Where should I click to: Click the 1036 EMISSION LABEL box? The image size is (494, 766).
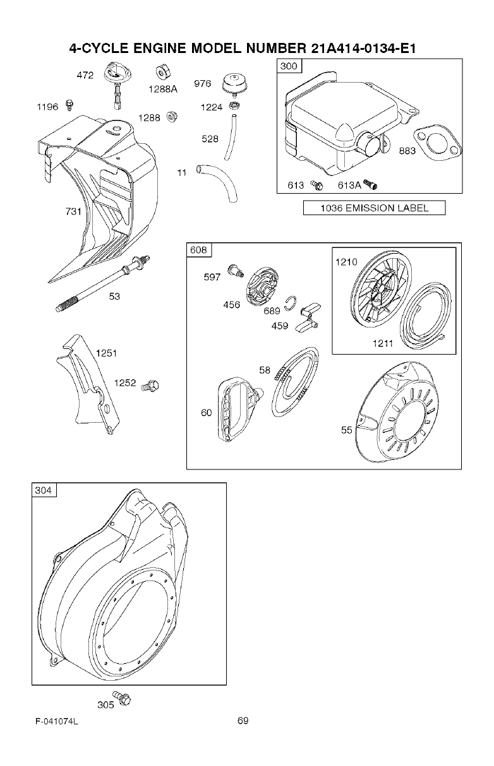(374, 208)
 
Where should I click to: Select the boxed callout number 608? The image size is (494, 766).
(199, 250)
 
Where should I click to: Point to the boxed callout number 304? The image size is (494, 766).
(44, 490)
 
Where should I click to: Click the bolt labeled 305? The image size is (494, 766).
(124, 699)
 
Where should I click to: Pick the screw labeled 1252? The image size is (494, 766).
(151, 385)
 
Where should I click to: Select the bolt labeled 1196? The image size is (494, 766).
(70, 103)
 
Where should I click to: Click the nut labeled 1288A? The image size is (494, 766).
(160, 73)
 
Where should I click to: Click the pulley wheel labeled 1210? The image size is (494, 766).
(383, 291)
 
